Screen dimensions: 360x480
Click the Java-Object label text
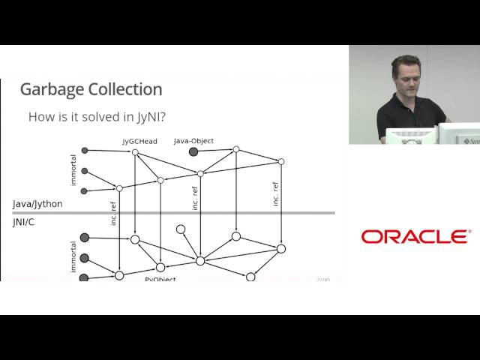click(x=193, y=140)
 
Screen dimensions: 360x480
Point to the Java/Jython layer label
click(x=37, y=204)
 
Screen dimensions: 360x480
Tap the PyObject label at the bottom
click(x=160, y=279)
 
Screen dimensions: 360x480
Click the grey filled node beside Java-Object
click(x=193, y=151)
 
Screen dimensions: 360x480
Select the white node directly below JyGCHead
click(x=135, y=152)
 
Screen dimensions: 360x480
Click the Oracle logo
click(x=415, y=237)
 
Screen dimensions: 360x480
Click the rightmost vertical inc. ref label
click(x=276, y=193)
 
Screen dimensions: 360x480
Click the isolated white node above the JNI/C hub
click(x=181, y=229)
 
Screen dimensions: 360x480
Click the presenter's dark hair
click(x=406, y=60)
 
